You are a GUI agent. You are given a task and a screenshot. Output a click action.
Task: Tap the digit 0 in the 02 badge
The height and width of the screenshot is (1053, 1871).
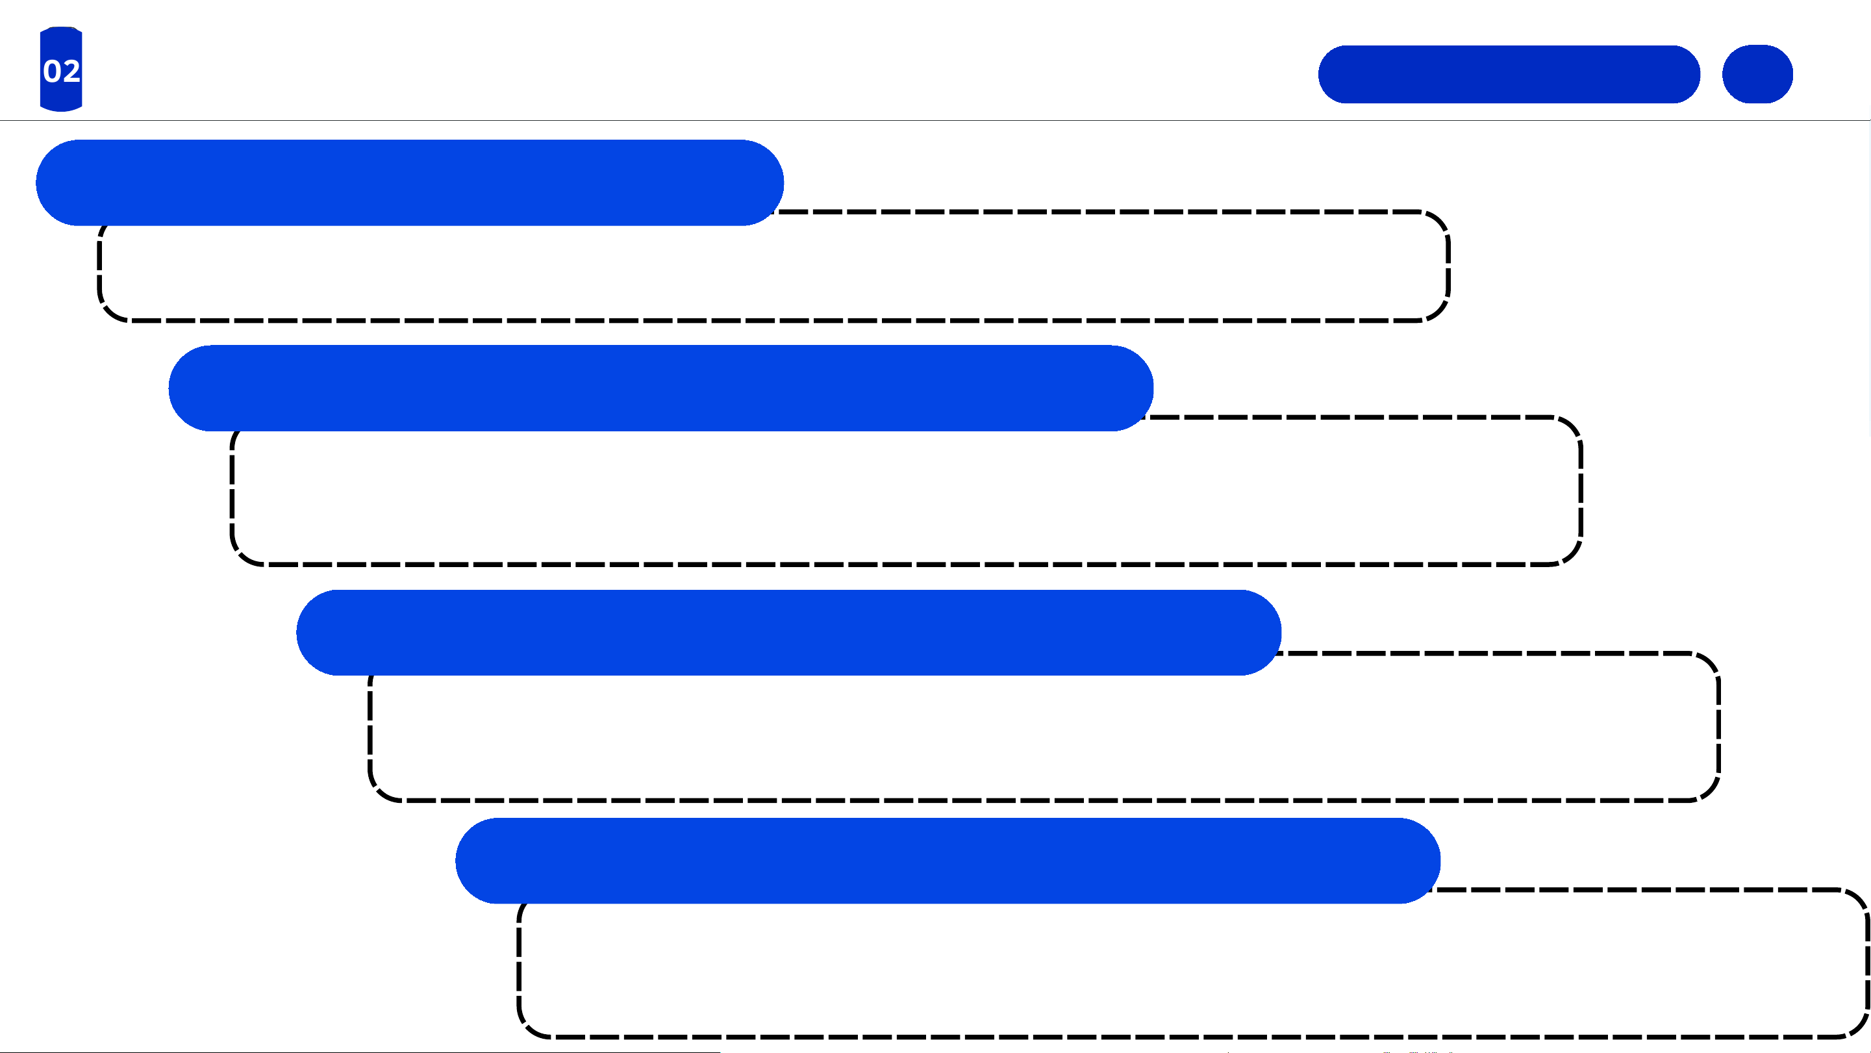pos(51,71)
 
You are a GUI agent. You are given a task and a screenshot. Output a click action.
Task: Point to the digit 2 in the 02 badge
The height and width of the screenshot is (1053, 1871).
pos(71,71)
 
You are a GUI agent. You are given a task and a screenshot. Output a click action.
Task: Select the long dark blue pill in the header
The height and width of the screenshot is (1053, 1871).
pos(1509,74)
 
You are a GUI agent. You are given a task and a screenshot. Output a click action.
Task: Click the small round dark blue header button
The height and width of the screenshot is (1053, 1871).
pos(1757,74)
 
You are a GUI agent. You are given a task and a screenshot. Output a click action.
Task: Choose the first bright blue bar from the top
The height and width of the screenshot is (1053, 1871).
pos(410,183)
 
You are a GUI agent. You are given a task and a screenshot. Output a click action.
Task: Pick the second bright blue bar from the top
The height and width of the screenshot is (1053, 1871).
pos(661,388)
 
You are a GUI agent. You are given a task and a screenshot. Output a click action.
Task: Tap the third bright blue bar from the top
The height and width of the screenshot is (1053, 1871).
pos(789,632)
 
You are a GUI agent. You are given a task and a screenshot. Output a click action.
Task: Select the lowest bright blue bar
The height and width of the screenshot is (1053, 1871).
pos(948,861)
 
